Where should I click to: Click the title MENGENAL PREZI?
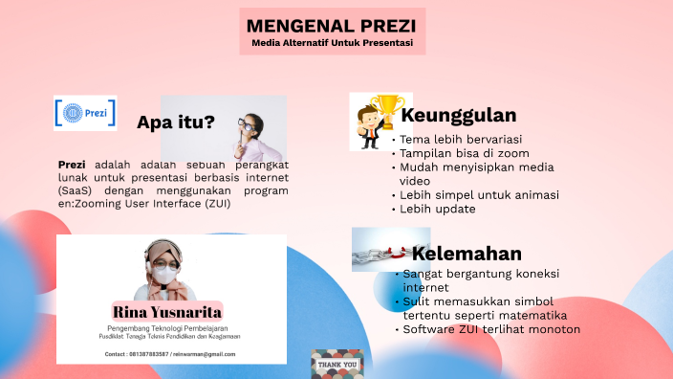332,26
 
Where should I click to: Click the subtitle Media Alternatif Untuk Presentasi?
332,44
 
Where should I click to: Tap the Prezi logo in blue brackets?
85,113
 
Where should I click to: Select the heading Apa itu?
175,122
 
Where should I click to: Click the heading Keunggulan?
459,116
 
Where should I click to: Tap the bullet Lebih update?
438,209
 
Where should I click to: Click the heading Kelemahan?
467,254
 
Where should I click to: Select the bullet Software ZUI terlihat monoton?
491,329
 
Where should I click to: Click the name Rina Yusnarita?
167,312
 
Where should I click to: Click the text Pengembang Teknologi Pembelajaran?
170,327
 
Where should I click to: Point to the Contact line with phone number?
170,354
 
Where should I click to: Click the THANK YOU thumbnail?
336,365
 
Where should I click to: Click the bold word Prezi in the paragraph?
72,164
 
